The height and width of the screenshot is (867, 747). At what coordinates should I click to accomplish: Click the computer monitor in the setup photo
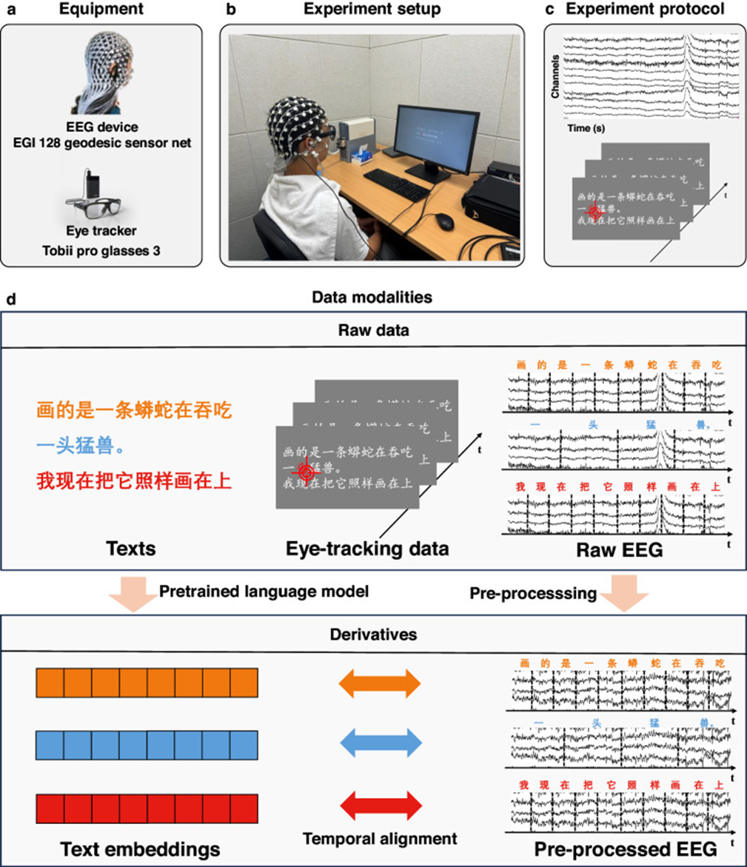436,142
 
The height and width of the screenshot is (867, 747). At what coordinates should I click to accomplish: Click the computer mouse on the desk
443,220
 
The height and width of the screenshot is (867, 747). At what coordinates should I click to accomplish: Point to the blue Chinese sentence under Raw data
86,446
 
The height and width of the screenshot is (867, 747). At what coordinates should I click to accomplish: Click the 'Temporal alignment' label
379,838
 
